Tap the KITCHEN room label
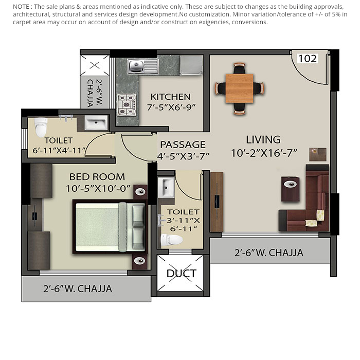pyautogui.click(x=170, y=97)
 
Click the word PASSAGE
pyautogui.click(x=183, y=145)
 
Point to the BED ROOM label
pyautogui.click(x=97, y=177)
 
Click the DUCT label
pyautogui.click(x=181, y=274)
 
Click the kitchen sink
pyautogui.click(x=136, y=65)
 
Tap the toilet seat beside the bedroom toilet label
pyautogui.click(x=40, y=125)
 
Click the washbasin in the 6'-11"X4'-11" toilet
pyautogui.click(x=95, y=123)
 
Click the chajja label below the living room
pyautogui.click(x=269, y=253)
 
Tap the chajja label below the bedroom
pyautogui.click(x=78, y=289)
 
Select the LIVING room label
pyautogui.click(x=263, y=139)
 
